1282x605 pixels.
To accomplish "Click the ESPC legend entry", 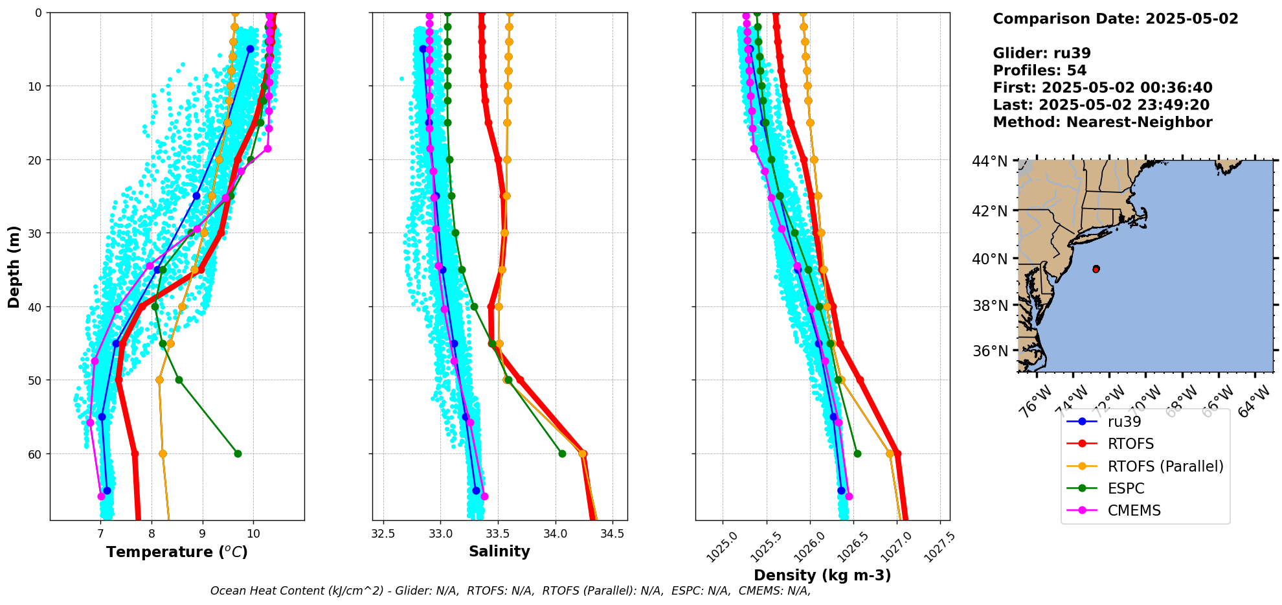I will tap(1126, 488).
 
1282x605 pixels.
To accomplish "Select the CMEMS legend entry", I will tap(1134, 510).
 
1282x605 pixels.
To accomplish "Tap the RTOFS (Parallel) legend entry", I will tap(1165, 466).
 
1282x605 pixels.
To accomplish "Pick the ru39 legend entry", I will tap(1125, 422).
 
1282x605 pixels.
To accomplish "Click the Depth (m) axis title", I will tap(14, 266).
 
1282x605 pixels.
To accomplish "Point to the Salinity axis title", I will tap(499, 551).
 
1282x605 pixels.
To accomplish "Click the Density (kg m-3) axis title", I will tap(822, 575).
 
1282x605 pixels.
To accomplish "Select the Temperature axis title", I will tap(177, 552).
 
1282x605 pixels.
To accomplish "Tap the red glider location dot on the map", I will tap(1096, 269).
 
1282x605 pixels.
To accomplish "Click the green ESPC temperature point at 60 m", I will tap(238, 453).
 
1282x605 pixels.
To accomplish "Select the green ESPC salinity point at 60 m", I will tap(562, 453).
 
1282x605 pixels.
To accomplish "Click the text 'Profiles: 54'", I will tap(1039, 71).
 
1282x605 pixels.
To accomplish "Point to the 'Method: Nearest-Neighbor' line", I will tap(1102, 122).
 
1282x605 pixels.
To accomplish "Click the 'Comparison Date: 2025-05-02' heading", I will tap(1115, 19).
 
